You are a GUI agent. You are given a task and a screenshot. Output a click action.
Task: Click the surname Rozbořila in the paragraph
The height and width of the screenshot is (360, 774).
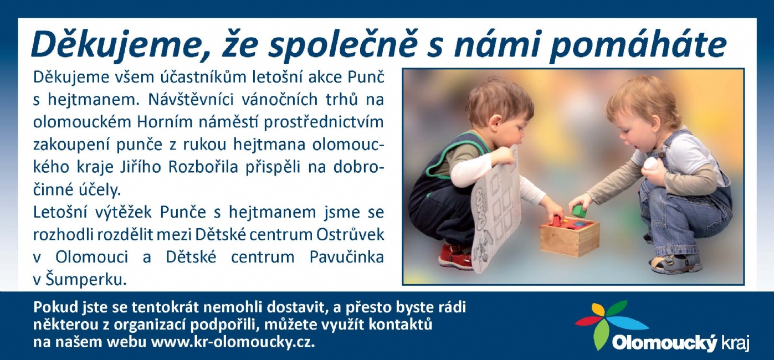pyautogui.click(x=203, y=167)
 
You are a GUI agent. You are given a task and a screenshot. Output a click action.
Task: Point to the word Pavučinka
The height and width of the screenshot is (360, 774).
pyautogui.click(x=347, y=257)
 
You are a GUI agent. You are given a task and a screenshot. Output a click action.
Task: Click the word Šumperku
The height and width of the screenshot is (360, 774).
pyautogui.click(x=84, y=280)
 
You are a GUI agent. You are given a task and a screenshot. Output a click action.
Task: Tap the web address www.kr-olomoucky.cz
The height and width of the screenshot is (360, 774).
pyautogui.click(x=233, y=343)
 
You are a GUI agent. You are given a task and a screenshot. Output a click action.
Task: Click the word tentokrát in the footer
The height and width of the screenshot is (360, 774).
pyautogui.click(x=167, y=307)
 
